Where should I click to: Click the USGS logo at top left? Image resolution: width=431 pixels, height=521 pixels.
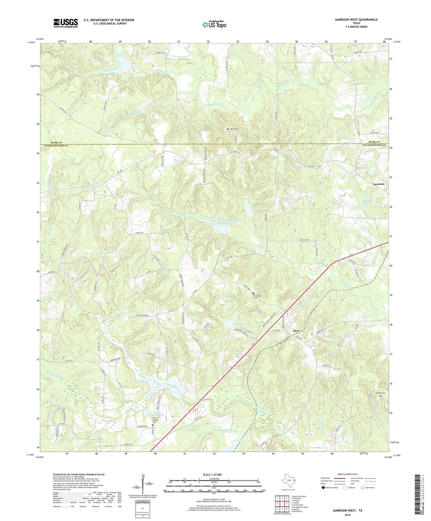pos(66,23)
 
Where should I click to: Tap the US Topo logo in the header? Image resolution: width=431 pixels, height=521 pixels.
pos(214,24)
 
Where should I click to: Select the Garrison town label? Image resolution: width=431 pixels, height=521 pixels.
pos(379,184)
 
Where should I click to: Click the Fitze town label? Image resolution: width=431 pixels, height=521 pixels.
pos(296,331)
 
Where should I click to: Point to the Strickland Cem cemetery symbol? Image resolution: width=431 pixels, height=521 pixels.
pos(253,293)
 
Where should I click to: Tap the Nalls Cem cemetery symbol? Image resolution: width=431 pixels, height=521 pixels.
pos(228,129)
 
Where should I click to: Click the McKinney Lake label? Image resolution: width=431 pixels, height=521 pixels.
pos(242,324)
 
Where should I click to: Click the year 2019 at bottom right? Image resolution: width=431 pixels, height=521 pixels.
pos(347,515)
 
